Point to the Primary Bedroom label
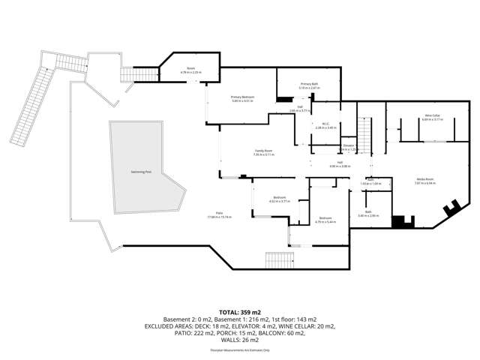coord(242,99)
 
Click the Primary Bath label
coord(310,85)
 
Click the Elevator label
coord(348,147)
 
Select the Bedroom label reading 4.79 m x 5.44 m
coord(324,220)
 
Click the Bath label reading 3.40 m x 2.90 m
coord(368,214)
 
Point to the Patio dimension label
coord(220,215)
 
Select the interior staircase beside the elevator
coord(364,136)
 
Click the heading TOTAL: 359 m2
coord(239,310)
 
